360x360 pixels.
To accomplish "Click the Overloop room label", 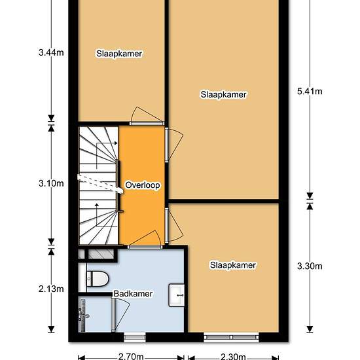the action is (x=143, y=185).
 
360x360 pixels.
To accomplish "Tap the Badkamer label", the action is (x=133, y=294).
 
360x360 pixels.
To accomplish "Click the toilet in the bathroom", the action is (x=97, y=279).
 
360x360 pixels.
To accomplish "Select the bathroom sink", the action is (x=177, y=295).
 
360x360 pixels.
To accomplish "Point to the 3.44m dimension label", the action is (x=51, y=53).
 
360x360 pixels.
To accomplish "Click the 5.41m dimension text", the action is (x=310, y=92).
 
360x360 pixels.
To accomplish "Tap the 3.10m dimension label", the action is (x=51, y=183).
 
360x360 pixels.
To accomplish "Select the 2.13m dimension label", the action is (x=51, y=289).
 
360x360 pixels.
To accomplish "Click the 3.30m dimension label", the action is (x=310, y=266).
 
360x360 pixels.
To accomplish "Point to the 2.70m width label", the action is (x=131, y=356).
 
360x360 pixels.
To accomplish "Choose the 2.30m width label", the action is (x=233, y=356).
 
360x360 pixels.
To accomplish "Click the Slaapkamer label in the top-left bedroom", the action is (x=119, y=54).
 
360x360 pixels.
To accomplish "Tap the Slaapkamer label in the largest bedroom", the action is (x=223, y=94).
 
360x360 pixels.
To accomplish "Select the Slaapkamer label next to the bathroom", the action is (x=233, y=265).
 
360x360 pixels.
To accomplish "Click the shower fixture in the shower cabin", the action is (x=82, y=315).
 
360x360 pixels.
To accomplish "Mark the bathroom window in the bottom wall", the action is (x=135, y=337).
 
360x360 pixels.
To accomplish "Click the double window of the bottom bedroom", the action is (x=231, y=337).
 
